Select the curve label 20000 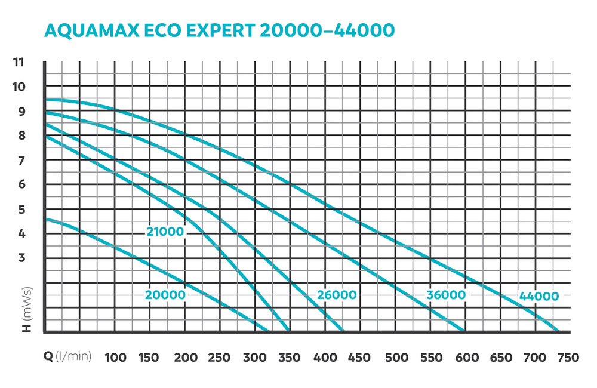165,294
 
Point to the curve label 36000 445,295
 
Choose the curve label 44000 538,296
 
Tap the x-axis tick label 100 116,358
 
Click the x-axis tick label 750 568,358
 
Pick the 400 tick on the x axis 325,358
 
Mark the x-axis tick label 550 430,358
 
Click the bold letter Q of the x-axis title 48,358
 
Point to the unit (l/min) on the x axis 73,358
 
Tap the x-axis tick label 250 220,358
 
